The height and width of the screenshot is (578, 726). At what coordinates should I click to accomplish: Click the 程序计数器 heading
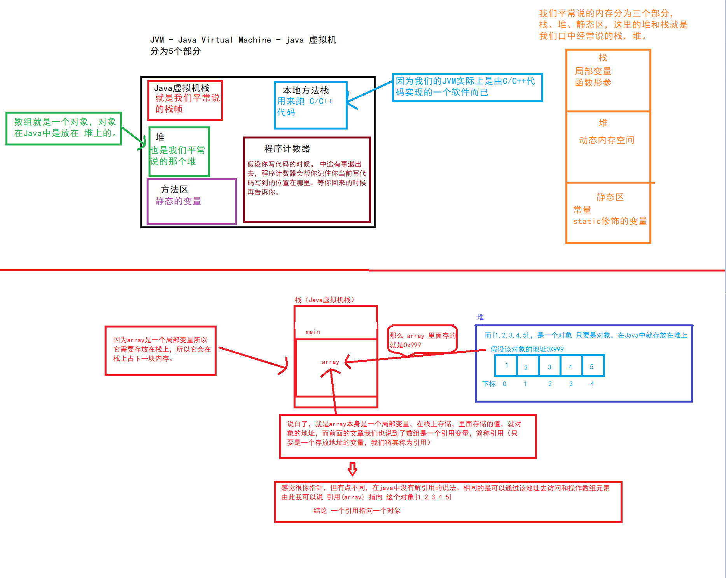(287, 149)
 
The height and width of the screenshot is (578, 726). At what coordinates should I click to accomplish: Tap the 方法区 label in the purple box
(174, 189)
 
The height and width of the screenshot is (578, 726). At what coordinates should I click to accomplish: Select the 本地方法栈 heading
(306, 90)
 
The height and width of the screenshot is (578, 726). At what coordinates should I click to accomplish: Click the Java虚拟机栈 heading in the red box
(182, 88)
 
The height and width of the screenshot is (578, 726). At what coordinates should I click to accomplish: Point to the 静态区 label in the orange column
(610, 197)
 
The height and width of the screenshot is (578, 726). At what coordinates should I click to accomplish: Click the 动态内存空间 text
(606, 140)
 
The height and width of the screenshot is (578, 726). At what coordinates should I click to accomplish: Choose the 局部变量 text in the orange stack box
(593, 71)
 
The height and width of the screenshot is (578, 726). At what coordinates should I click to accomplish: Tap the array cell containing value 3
(549, 366)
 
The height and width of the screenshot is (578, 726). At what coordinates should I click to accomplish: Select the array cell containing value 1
(506, 366)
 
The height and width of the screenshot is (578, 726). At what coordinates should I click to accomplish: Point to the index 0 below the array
(504, 384)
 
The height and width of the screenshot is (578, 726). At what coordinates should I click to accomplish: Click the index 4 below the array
(592, 384)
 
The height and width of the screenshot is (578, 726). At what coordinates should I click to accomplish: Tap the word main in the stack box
(313, 332)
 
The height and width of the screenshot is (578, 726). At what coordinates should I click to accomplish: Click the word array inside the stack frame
(330, 362)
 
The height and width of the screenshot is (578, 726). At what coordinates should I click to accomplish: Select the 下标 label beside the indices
(489, 384)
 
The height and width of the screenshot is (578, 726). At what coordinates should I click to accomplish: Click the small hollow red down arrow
(352, 469)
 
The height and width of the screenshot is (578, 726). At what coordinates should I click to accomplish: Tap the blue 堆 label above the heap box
(480, 317)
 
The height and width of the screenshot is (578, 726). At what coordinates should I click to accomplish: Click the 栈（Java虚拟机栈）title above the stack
(324, 300)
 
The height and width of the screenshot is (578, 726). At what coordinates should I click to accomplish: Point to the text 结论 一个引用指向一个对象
(357, 510)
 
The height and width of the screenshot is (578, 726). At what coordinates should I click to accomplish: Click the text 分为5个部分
(175, 51)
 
